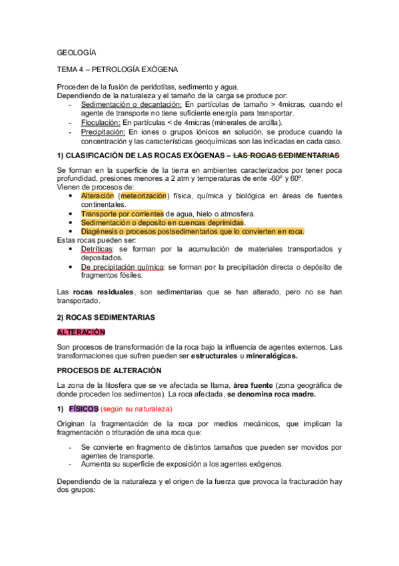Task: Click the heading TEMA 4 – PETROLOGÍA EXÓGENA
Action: coord(118,69)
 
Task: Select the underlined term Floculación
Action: coord(99,122)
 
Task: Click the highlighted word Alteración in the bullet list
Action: coord(97,196)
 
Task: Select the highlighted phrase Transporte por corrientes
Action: coord(122,214)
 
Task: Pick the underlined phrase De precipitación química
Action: coord(123,266)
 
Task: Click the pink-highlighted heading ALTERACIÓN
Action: coord(81,332)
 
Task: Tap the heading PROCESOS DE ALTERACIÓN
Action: coord(109,370)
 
